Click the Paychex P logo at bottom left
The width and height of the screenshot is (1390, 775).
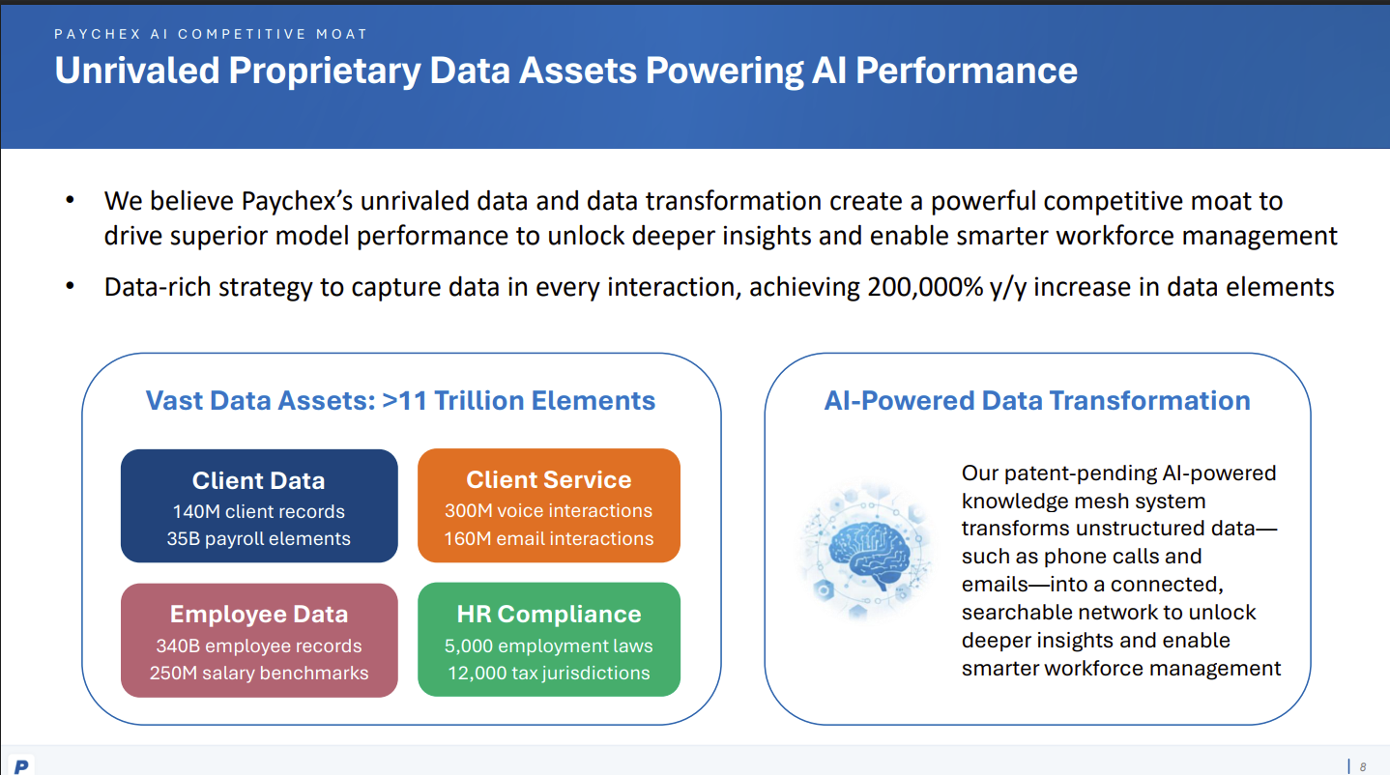21,765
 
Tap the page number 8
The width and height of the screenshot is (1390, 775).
1363,767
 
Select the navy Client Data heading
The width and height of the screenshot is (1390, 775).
259,481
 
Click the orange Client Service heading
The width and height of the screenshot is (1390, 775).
548,479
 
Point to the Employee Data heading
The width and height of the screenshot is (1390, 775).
259,615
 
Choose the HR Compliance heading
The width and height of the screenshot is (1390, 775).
548,615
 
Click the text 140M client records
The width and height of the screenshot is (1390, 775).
259,511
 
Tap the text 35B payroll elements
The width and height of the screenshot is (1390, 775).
259,538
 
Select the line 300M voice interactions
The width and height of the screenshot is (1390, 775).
548,510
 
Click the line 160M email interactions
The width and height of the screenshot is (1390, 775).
548,538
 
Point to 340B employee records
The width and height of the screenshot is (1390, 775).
259,646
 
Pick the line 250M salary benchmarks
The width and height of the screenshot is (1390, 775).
259,674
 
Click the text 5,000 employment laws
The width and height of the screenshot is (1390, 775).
548,646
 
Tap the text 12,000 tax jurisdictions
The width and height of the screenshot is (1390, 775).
548,674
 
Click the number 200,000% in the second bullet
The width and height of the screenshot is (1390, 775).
925,287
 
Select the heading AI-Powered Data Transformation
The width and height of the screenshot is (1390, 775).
1037,401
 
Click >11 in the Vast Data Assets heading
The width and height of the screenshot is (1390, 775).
404,401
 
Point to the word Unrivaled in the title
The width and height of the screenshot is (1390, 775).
137,71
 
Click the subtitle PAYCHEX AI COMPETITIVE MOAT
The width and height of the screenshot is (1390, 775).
211,34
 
